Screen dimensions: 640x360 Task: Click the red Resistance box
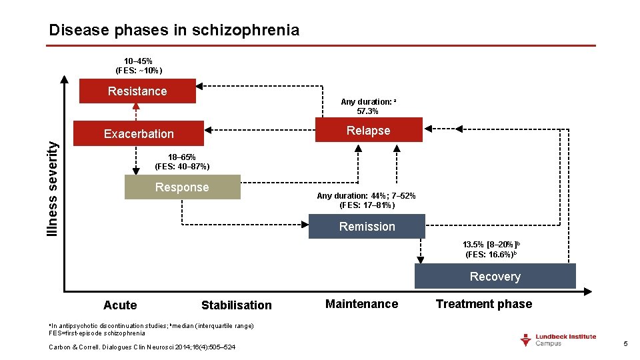point(137,91)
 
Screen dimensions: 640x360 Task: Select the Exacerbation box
point(139,133)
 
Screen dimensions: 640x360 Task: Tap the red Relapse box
point(368,130)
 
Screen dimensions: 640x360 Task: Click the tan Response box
point(182,187)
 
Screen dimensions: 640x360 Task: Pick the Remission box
point(367,227)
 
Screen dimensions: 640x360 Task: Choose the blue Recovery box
point(495,277)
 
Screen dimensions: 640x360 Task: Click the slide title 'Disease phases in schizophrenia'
point(174,30)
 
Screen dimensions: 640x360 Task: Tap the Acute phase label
point(120,305)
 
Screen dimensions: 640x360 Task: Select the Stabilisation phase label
point(237,305)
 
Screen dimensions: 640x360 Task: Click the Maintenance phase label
point(361,304)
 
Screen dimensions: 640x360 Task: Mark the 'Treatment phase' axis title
point(484,304)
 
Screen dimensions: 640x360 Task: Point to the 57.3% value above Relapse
point(368,111)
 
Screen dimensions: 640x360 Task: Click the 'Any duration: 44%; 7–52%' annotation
point(367,196)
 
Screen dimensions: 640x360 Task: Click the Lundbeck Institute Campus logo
point(558,340)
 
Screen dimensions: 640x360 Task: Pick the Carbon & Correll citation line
point(142,347)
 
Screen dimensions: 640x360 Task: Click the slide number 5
point(625,343)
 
